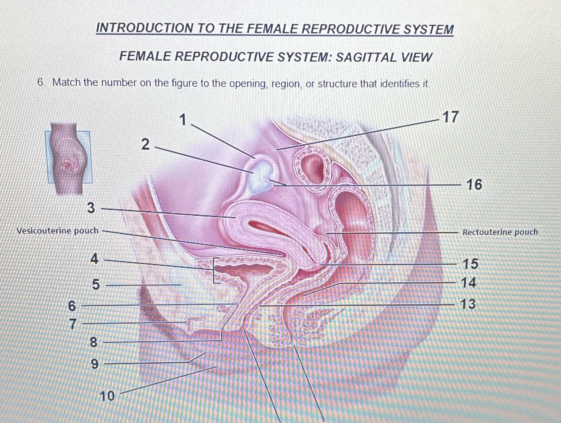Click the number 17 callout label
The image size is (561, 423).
click(451, 117)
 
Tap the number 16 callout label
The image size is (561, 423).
click(474, 184)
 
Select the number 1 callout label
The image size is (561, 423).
click(183, 120)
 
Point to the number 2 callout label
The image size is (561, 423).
click(146, 144)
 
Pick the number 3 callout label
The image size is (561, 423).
click(91, 208)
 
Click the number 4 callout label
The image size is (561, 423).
click(95, 259)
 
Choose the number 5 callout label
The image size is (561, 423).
click(96, 284)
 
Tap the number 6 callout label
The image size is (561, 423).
click(72, 306)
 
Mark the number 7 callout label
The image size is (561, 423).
click(73, 324)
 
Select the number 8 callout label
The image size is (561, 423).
click(94, 342)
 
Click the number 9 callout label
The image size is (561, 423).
click(95, 364)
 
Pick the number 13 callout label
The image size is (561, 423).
click(468, 304)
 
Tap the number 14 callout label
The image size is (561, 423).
click(468, 283)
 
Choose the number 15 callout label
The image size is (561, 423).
click(470, 264)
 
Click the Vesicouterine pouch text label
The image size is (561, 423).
click(58, 231)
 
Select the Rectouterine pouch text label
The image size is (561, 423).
click(500, 232)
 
